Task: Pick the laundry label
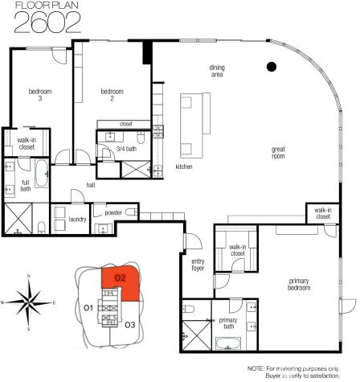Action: tap(78, 218)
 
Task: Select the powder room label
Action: tap(113, 212)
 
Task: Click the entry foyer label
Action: tap(198, 265)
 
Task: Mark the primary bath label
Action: tap(228, 323)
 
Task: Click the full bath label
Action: tap(26, 186)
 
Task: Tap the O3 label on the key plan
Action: tap(130, 324)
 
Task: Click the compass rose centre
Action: tap(29, 303)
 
